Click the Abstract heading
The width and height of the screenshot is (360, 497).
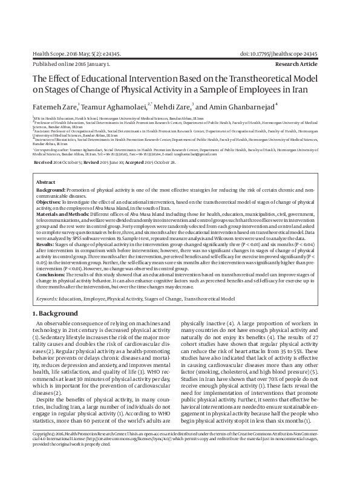(x=46, y=182)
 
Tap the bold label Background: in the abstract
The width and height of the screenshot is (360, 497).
(x=53, y=189)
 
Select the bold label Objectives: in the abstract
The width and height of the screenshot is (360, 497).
(x=51, y=203)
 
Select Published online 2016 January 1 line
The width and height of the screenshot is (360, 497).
(x=71, y=63)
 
